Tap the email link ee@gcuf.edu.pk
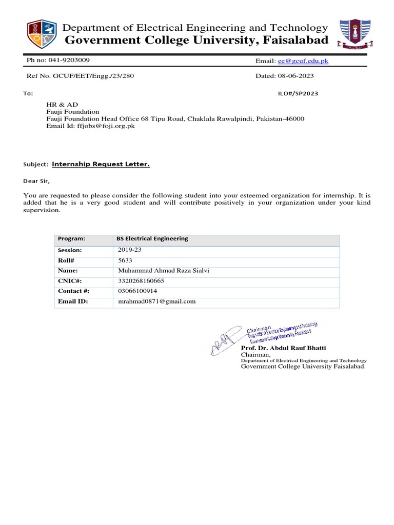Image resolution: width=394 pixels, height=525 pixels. (x=303, y=61)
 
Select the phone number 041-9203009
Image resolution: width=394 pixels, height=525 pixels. (x=69, y=60)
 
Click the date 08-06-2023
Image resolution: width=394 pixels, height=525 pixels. (x=295, y=76)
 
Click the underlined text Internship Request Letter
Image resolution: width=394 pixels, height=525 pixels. (x=101, y=164)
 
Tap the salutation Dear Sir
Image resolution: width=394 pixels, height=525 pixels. (x=37, y=181)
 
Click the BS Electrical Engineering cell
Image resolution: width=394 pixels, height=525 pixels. (x=152, y=238)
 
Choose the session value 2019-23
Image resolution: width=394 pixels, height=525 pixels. (x=132, y=250)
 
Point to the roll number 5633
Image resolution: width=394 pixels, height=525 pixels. (x=125, y=260)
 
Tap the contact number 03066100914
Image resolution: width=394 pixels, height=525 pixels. (x=137, y=291)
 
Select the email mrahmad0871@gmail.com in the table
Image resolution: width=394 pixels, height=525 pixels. (x=157, y=301)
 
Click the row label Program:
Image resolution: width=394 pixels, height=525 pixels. (x=71, y=238)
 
